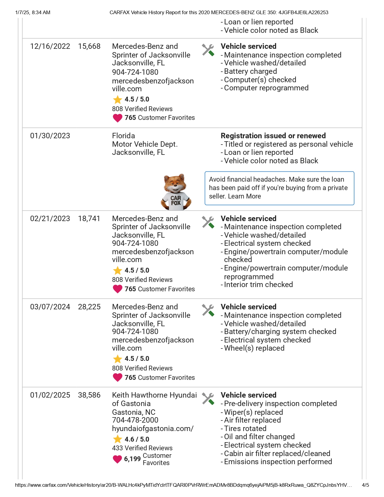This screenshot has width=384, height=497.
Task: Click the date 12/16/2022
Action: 50,46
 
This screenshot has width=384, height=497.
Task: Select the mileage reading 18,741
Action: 89,219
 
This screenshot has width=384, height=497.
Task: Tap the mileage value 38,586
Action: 89,395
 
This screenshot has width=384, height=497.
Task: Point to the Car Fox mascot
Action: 176,192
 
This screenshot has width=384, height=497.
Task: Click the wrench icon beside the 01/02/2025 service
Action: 208,399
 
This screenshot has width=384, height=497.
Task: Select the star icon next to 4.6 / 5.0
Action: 117,439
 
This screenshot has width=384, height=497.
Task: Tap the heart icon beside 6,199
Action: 117,459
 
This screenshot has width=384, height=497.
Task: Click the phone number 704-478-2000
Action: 135,420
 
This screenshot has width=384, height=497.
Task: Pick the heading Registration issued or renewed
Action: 273,136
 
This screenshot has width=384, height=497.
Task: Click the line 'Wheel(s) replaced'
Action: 254,348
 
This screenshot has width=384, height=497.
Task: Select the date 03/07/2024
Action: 50,307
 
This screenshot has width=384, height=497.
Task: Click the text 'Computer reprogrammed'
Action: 266,88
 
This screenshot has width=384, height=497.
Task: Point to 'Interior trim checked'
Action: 258,285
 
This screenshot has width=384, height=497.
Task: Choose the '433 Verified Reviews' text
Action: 142,448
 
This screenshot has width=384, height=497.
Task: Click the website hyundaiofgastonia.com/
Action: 153,429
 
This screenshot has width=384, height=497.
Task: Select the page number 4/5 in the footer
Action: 365,485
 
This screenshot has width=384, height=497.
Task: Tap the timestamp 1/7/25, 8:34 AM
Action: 33,13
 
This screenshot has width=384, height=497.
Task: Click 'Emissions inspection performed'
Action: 278,462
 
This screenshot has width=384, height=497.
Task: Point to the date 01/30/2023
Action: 50,136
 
